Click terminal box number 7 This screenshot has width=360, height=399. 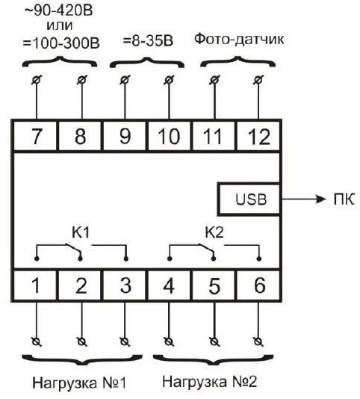click(35, 136)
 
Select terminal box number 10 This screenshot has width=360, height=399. click(169, 136)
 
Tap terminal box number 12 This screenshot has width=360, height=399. click(258, 136)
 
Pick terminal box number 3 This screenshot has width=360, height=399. click(125, 285)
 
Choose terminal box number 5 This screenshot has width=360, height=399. click(214, 285)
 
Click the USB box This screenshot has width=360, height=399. click(249, 199)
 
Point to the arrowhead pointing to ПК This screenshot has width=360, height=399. click(320, 199)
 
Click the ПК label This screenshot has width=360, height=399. click(344, 199)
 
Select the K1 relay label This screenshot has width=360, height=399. click(81, 232)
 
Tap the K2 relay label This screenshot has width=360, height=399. click(214, 232)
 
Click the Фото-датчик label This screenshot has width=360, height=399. click(239, 40)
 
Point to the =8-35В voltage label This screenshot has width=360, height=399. click(148, 41)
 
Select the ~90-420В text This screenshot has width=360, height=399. click(58, 10)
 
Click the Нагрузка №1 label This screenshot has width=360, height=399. click(79, 383)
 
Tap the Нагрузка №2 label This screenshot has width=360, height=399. click(210, 382)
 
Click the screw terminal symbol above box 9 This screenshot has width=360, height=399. click(125, 80)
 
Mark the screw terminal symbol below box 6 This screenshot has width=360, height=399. click(258, 341)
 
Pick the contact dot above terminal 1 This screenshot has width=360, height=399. click(37, 259)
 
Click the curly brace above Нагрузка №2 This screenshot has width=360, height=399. click(213, 359)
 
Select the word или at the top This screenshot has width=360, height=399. click(60, 25)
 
